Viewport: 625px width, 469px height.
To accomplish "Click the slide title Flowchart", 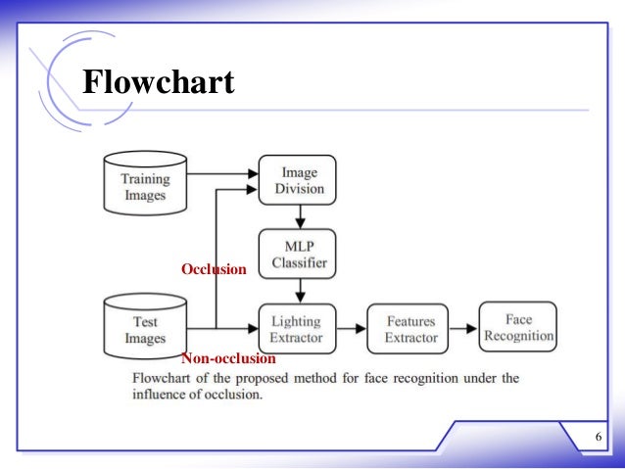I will (158, 82).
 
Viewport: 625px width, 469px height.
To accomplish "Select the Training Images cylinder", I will (144, 186).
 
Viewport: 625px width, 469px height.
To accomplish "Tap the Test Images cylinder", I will (144, 328).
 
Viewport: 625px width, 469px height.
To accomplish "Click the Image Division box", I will (297, 180).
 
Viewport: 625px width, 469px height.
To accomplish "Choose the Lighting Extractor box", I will (297, 329).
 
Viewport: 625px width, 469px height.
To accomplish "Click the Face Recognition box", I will (517, 327).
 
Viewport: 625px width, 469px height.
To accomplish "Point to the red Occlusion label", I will (214, 269).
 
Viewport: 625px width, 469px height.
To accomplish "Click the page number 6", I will (597, 437).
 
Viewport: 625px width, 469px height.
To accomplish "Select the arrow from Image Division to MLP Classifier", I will (297, 216).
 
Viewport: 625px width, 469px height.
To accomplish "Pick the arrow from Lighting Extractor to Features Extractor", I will (351, 329).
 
